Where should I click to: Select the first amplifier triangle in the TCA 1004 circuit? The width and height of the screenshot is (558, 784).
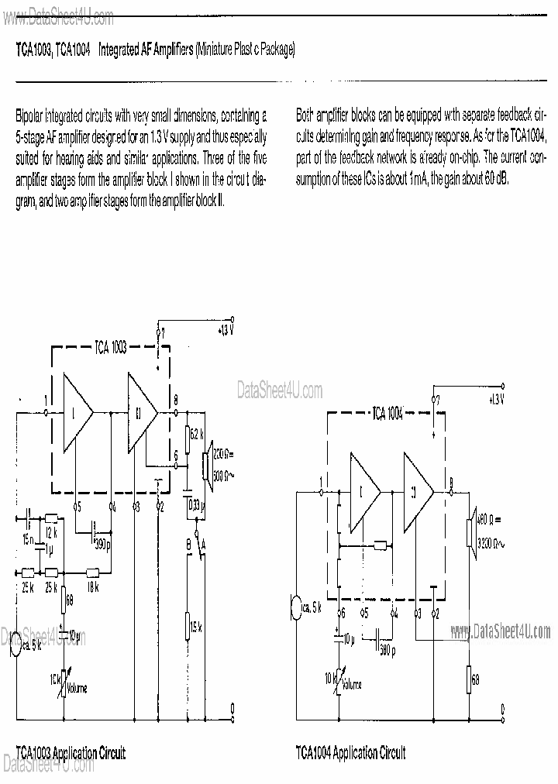point(362,490)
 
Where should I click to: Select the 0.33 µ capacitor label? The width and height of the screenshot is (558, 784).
point(195,507)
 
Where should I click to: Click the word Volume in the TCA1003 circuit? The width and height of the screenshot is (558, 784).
point(77,688)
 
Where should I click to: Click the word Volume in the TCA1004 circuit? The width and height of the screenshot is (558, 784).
point(350,685)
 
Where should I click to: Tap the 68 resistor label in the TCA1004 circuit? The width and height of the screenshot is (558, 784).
point(476,679)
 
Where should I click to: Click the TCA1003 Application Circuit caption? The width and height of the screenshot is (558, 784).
point(71,752)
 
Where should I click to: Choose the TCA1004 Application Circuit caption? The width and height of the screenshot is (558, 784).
point(350,752)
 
